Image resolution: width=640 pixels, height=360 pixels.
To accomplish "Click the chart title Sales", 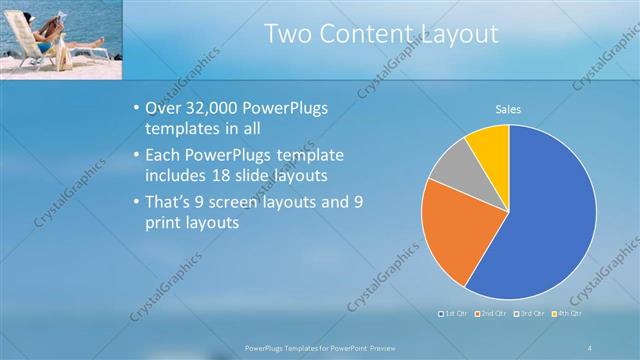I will pyautogui.click(x=508, y=110).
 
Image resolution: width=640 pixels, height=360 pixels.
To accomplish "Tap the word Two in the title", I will pyautogui.click(x=288, y=34).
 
